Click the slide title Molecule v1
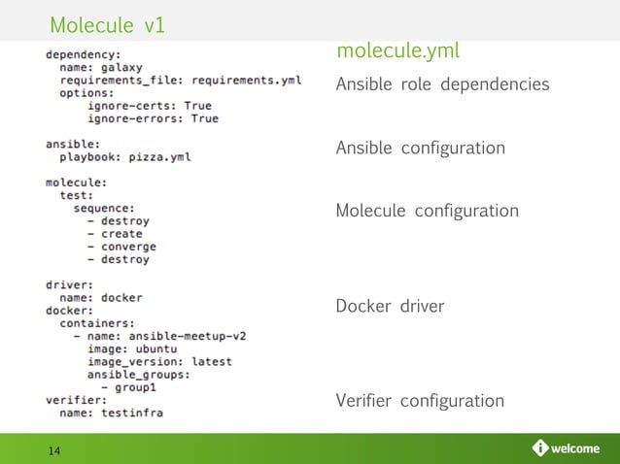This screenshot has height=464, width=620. [106, 22]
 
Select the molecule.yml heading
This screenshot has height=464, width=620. [397, 51]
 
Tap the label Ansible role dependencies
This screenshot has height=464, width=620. [442, 85]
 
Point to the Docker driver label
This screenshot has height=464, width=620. [390, 307]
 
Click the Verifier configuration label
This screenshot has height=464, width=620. [420, 401]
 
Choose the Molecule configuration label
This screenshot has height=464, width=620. [427, 212]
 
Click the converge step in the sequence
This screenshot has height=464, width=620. [127, 247]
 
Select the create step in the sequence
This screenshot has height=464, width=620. [121, 234]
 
